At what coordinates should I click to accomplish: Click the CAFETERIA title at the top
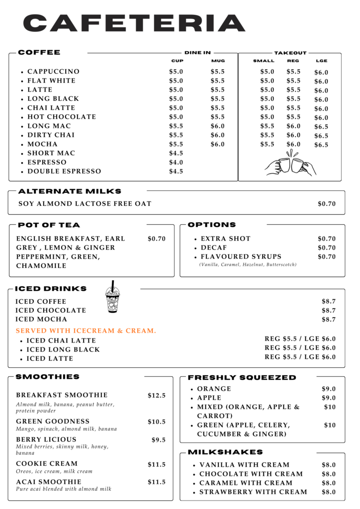[134, 23]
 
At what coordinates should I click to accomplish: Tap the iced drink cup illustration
[113, 297]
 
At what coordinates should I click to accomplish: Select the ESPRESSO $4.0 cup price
[176, 163]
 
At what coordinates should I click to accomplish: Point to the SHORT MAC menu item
[51, 154]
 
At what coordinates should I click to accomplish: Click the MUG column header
[218, 61]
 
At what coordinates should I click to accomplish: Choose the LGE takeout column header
[321, 61]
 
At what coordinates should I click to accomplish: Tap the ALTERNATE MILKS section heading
[70, 191]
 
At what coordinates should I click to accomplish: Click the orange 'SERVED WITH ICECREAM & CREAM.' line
[86, 331]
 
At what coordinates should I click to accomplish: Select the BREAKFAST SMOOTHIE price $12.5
[157, 396]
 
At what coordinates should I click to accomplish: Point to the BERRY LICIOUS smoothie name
[46, 439]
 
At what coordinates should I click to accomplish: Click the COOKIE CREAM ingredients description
[54, 471]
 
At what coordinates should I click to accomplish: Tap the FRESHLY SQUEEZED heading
[242, 378]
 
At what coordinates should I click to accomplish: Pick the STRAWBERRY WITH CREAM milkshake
[253, 492]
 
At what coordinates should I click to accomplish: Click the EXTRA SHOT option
[226, 239]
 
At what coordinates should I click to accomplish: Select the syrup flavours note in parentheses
[248, 265]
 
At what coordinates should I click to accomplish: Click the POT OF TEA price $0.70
[157, 239]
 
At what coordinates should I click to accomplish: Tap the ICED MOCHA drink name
[41, 320]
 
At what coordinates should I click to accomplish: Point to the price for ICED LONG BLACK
[300, 348]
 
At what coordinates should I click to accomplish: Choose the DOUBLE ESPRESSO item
[64, 171]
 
